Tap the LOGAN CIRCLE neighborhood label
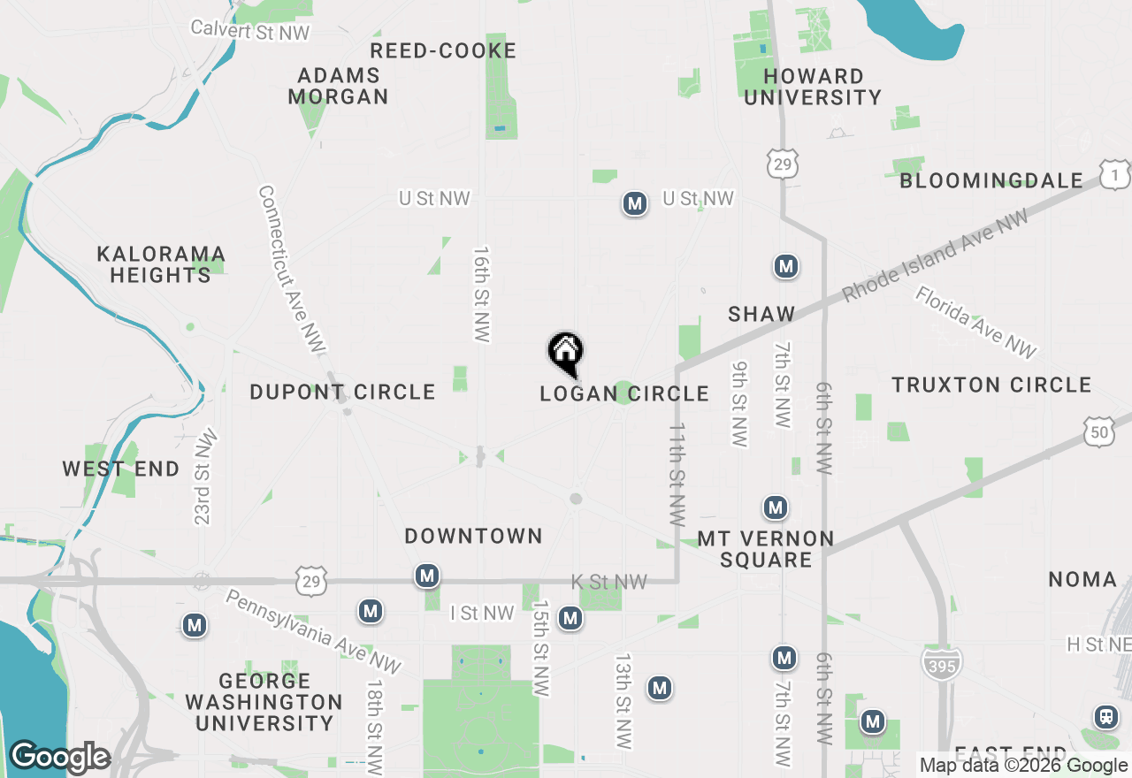click(x=624, y=393)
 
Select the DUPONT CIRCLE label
click(x=342, y=392)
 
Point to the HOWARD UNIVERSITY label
click(x=813, y=87)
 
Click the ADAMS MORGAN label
click(x=339, y=86)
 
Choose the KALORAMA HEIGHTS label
click(x=161, y=264)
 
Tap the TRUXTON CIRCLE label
click(x=991, y=385)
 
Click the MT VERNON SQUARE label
click(x=766, y=549)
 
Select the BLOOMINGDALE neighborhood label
click(x=991, y=180)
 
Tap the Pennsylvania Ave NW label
click(x=314, y=631)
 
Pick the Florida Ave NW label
click(x=975, y=322)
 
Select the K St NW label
click(x=609, y=582)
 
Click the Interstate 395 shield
click(x=942, y=663)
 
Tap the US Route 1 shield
click(x=1115, y=175)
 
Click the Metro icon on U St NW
click(x=633, y=204)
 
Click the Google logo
click(x=59, y=758)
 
